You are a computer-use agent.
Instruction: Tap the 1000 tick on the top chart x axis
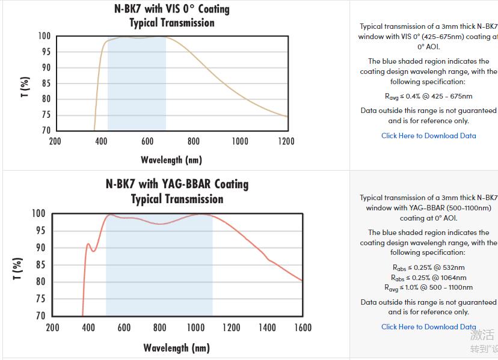(240, 141)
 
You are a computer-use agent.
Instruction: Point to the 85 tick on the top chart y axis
(46, 84)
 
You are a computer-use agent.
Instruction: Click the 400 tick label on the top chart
(101, 141)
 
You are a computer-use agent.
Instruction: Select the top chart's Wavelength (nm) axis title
(171, 160)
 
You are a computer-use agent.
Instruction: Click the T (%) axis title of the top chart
(25, 87)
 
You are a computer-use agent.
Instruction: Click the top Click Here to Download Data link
(428, 136)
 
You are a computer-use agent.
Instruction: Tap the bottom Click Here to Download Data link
(428, 327)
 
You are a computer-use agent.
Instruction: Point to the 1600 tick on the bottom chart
(303, 328)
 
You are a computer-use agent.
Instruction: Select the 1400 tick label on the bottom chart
(267, 328)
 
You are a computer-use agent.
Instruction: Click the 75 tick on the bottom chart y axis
(40, 299)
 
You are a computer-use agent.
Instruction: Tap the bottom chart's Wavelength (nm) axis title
(176, 348)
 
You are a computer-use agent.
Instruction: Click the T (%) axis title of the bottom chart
(18, 269)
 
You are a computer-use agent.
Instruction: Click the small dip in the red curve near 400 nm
(93, 251)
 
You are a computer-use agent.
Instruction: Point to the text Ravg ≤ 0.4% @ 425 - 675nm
(428, 96)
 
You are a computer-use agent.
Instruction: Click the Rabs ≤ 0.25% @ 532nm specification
(428, 267)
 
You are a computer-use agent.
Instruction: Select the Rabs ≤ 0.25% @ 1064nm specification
(428, 278)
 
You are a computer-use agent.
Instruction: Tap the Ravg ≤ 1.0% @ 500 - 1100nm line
(428, 288)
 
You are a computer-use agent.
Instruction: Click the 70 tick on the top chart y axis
(46, 130)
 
